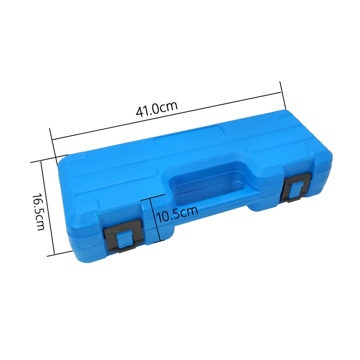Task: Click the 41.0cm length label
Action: [x=157, y=108]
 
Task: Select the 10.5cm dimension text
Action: [x=177, y=214]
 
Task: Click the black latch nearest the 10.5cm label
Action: [x=123, y=235]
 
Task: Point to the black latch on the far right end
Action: [x=296, y=188]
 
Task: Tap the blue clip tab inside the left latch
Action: [x=125, y=240]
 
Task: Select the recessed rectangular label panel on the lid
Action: [x=190, y=137]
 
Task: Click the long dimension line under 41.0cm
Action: [x=167, y=116]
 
